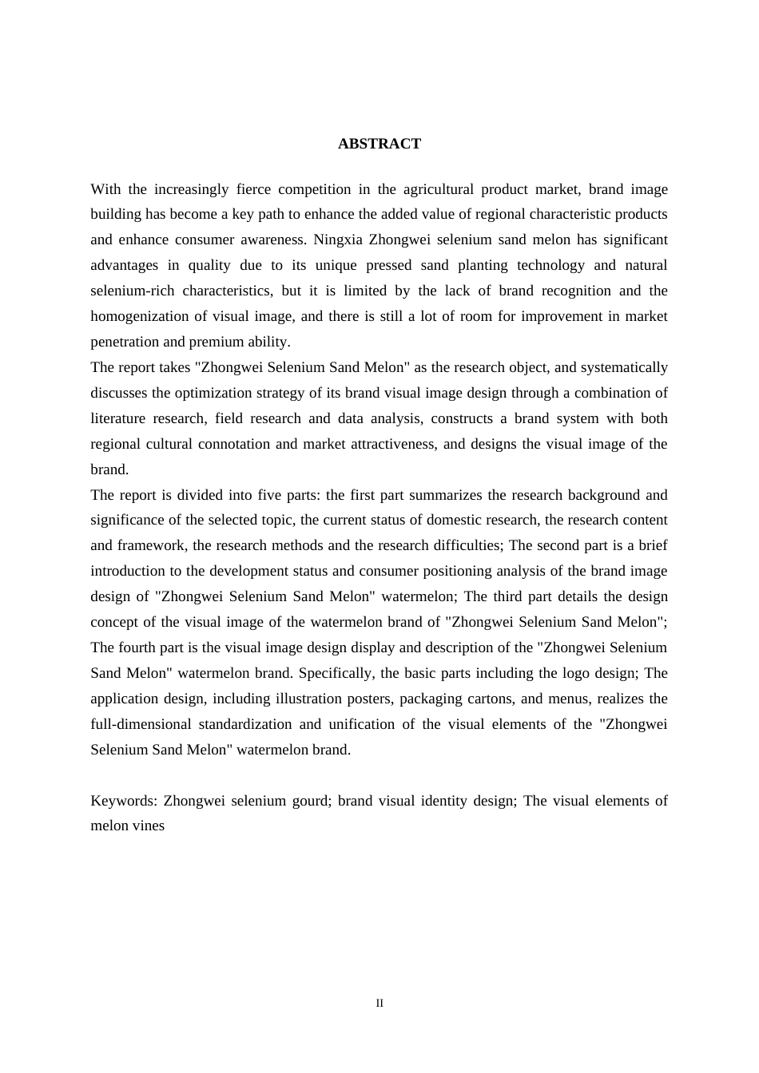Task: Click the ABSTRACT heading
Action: point(379,144)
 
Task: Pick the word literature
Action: point(118,418)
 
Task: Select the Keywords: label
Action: point(124,801)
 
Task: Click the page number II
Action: point(379,1004)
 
